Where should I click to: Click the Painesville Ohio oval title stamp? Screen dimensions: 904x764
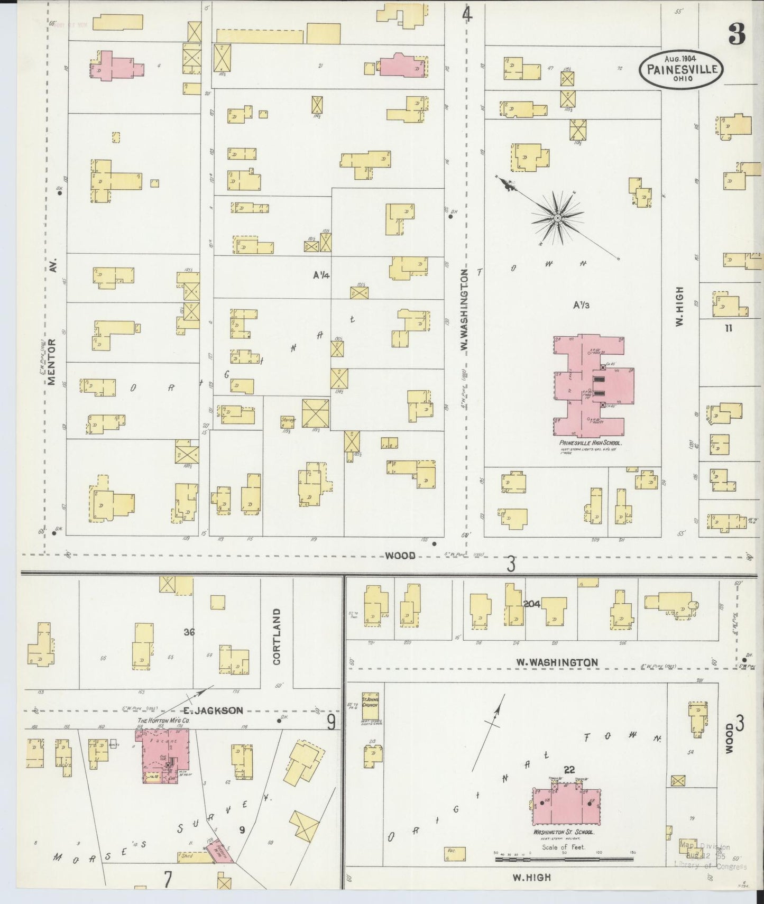pyautogui.click(x=681, y=69)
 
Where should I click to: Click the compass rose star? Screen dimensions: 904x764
pyautogui.click(x=557, y=217)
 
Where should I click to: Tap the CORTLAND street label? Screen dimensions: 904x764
pyautogui.click(x=277, y=636)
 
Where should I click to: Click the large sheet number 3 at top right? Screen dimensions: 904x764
pyautogui.click(x=736, y=35)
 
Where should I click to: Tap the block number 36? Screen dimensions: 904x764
pyautogui.click(x=189, y=631)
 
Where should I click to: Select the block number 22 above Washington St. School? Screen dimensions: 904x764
pyautogui.click(x=569, y=770)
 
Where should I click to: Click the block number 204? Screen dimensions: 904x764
pyautogui.click(x=531, y=604)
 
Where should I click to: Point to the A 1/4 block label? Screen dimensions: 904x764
pyautogui.click(x=321, y=275)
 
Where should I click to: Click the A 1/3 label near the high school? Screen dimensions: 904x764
pyautogui.click(x=581, y=305)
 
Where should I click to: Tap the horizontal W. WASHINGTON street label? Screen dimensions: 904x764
pyautogui.click(x=557, y=662)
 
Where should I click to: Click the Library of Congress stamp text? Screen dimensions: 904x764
pyautogui.click(x=710, y=866)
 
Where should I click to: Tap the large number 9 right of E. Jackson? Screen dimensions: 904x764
pyautogui.click(x=331, y=722)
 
